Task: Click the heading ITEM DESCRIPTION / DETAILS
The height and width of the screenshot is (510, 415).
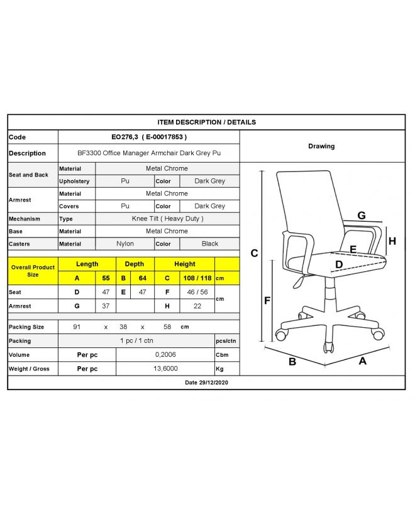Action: [206, 122]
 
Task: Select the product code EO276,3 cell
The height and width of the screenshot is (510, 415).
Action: [148, 137]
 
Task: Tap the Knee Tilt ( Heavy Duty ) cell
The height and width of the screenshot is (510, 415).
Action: [167, 219]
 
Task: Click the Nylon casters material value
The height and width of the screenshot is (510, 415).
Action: [125, 244]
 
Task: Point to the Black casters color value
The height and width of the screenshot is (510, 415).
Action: [210, 244]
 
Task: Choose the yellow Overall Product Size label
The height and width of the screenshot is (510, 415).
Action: [33, 271]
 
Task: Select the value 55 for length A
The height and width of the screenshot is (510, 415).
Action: [106, 278]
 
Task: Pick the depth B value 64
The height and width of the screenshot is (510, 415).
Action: [143, 278]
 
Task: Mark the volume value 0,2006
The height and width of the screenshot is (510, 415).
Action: [165, 354]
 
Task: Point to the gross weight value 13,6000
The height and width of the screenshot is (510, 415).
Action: [165, 369]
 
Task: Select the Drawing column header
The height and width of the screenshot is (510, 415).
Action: [321, 146]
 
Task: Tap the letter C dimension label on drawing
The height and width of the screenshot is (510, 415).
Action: [255, 254]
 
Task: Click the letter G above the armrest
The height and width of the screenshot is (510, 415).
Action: [362, 215]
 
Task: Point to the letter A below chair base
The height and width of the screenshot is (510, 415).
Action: [363, 361]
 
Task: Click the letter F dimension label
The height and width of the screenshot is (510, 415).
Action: [267, 301]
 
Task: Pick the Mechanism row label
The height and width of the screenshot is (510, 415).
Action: [25, 219]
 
